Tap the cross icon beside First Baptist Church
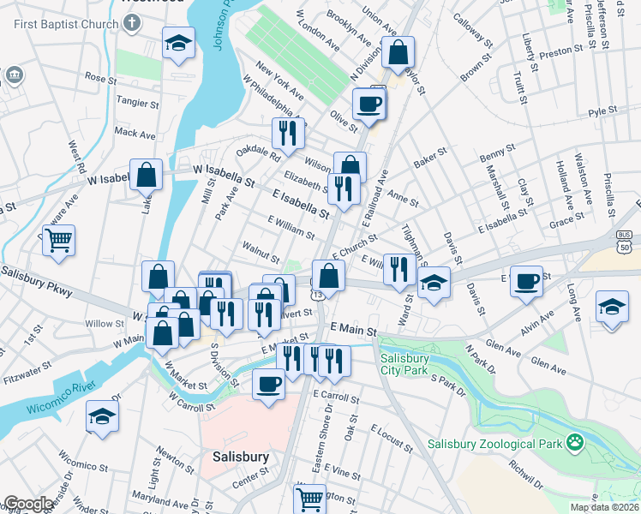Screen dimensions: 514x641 tap(131, 23)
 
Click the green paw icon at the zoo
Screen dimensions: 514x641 tap(573, 443)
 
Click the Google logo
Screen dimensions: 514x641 tap(28, 504)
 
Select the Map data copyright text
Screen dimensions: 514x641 tap(603, 507)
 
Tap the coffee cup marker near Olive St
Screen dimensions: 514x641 tap(369, 105)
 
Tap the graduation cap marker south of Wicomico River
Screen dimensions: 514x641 tap(102, 417)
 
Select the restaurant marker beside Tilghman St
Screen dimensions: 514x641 tap(398, 269)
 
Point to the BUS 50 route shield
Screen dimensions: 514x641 tap(623, 240)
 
